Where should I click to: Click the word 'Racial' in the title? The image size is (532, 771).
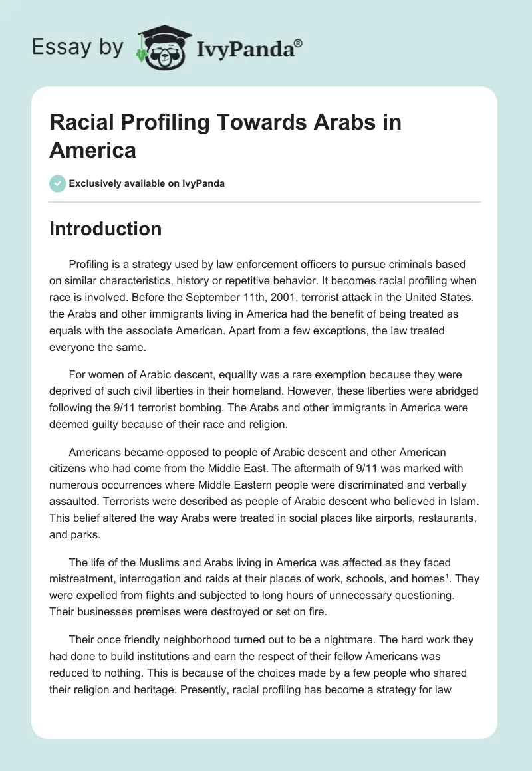tap(78, 122)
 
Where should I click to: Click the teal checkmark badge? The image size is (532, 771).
tap(58, 183)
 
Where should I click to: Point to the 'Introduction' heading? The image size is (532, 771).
tap(105, 229)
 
